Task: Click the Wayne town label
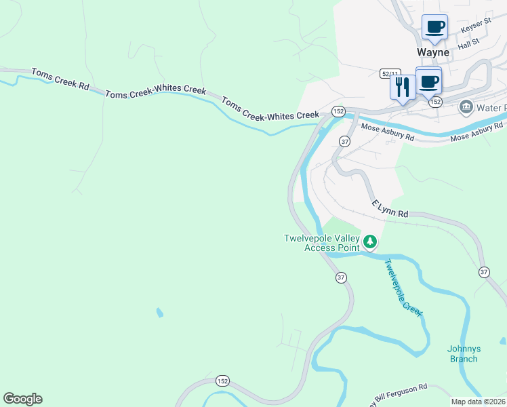pos(433,52)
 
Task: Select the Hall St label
pos(468,43)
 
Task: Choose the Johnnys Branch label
pos(464,353)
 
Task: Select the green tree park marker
pos(369,241)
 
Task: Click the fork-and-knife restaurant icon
pos(402,86)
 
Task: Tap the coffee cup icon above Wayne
pos(434,27)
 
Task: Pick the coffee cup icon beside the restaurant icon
pos(428,81)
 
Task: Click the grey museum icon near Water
pos(466,107)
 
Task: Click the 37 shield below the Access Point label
pos(341,277)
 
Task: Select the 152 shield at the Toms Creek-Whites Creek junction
pos(338,111)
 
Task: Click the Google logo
pos(22,398)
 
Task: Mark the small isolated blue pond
pos(159,313)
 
